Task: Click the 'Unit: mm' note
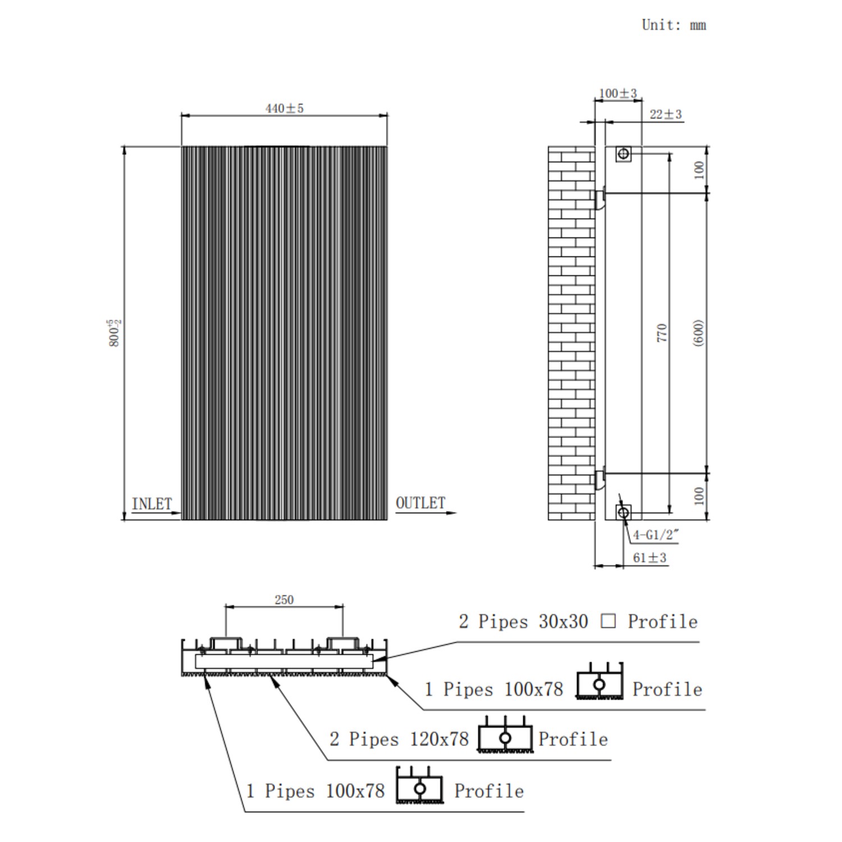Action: pos(674,25)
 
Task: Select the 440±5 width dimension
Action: pos(285,108)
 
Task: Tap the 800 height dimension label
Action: pos(115,333)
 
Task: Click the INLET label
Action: pos(152,504)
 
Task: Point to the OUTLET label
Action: pos(420,503)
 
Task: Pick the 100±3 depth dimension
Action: pos(617,93)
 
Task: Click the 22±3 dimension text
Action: pos(665,115)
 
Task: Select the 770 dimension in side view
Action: pos(662,333)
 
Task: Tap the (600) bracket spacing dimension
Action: pos(698,333)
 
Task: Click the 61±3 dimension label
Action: pos(649,558)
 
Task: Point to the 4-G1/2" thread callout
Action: pos(656,535)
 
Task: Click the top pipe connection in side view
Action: pos(623,153)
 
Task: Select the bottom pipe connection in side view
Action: pos(623,512)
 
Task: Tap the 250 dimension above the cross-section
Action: pos(284,600)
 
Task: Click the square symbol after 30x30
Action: pos(608,621)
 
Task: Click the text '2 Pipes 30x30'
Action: pos(523,621)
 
